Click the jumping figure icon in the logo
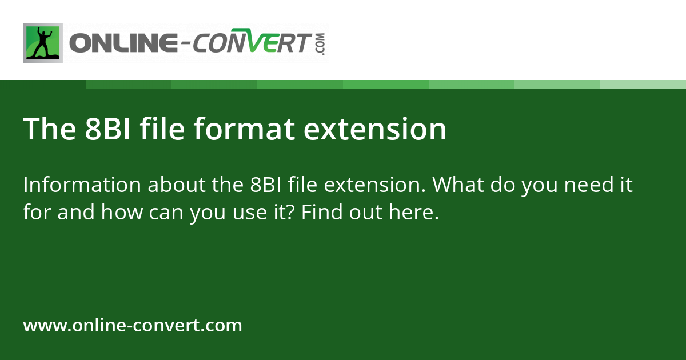click(42, 43)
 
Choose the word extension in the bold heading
click(375, 129)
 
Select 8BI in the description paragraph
click(265, 186)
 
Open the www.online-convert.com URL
click(133, 326)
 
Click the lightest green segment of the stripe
click(643, 84)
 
